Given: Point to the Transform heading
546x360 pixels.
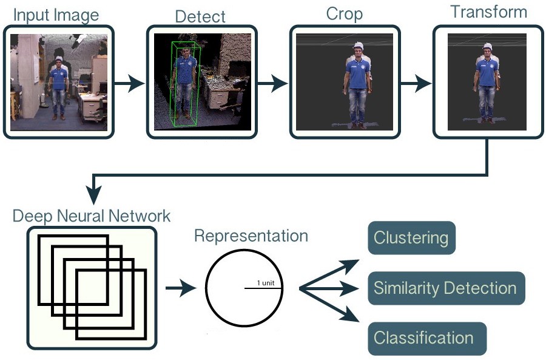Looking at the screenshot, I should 488,12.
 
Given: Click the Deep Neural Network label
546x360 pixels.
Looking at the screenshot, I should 92,216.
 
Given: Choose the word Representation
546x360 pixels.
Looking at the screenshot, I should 251,236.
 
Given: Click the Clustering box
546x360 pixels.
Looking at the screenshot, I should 411,237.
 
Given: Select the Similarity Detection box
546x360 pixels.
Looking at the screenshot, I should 445,288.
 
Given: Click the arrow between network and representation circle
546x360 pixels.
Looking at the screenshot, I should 181,288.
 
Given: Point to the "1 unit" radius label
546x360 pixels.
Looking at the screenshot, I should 267,283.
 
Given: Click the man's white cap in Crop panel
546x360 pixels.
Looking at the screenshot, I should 358,45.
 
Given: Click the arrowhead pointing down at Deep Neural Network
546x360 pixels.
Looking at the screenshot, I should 93,196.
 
